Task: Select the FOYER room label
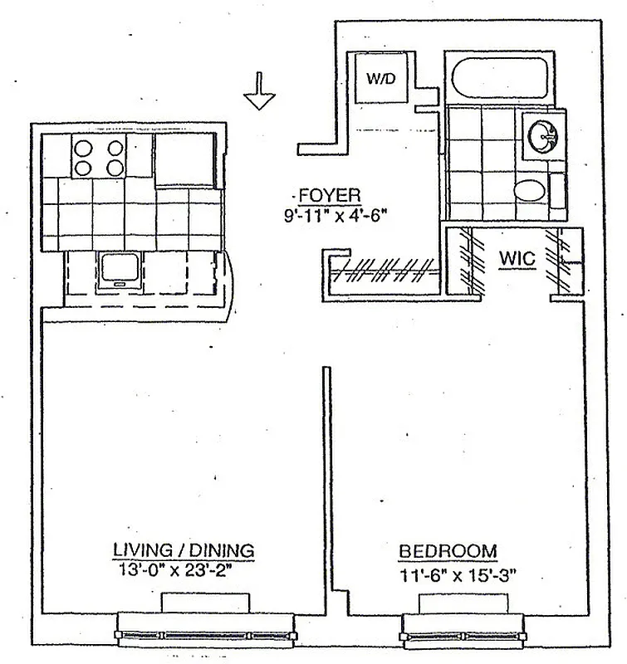tap(330, 196)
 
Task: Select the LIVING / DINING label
tap(184, 550)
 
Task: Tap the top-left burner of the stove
tap(84, 149)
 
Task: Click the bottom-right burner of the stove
tap(115, 168)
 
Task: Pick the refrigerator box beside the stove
tap(186, 159)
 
